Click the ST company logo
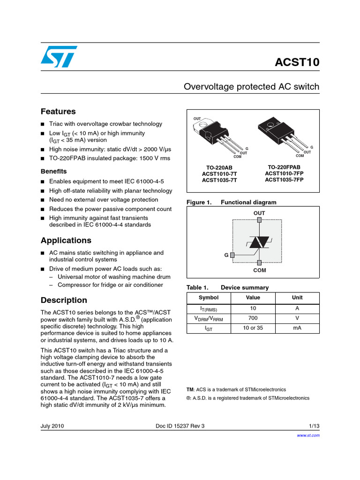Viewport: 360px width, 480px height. (x=57, y=57)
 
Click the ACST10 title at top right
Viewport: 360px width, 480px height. (x=296, y=63)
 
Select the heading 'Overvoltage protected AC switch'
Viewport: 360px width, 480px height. (x=251, y=87)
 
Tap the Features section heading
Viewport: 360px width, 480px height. (x=58, y=112)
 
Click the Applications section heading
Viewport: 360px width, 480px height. (x=66, y=240)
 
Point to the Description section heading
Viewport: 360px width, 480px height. (x=64, y=300)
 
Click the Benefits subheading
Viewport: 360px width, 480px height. (x=53, y=171)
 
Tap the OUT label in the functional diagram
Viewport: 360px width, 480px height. (x=259, y=213)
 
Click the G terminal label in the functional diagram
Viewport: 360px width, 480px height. (x=226, y=255)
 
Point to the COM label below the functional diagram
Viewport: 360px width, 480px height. (x=259, y=270)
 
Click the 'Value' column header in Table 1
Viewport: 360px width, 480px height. (x=253, y=298)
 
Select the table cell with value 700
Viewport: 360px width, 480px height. (x=253, y=318)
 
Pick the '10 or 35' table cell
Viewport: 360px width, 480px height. (x=253, y=328)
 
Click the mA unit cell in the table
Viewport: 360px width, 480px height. (x=297, y=328)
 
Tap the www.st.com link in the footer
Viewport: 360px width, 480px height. (x=308, y=435)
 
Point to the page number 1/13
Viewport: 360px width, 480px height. (x=314, y=426)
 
